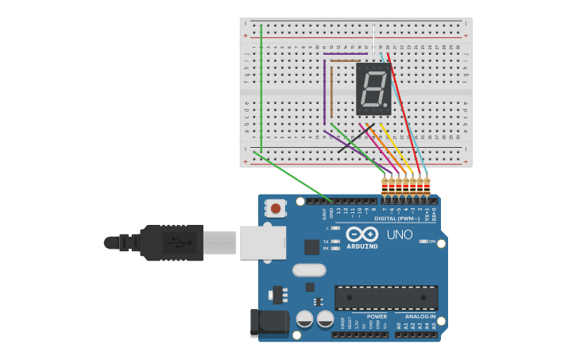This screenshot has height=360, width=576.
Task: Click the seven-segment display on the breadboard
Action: coord(373,87)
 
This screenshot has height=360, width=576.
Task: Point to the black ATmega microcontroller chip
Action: coord(386,298)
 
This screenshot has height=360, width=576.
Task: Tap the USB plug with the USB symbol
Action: coord(172,242)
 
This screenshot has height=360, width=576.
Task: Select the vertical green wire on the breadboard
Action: coord(261,87)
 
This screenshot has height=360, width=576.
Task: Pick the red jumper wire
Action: coord(404,111)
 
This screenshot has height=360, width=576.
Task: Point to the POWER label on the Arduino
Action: coord(377,316)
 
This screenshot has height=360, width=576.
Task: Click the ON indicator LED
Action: coord(423,241)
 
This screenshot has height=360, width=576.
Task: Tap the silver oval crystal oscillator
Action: coord(309,269)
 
